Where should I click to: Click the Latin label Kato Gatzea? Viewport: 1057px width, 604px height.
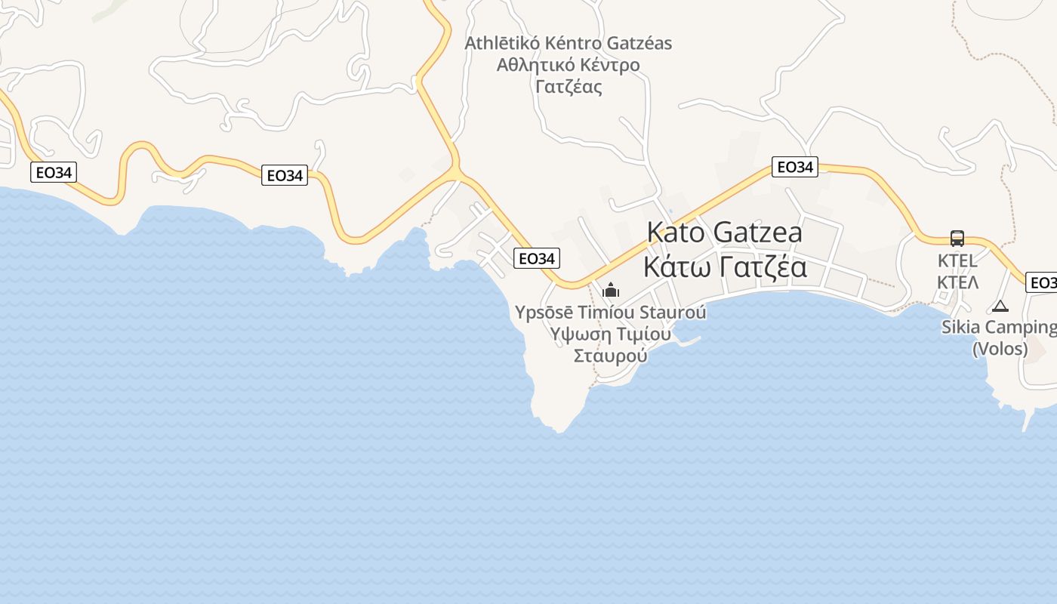(724, 233)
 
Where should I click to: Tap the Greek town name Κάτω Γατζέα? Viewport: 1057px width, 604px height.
(724, 267)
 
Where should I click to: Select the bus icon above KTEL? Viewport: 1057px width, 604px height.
(957, 239)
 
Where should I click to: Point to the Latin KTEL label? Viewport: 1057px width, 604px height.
(957, 261)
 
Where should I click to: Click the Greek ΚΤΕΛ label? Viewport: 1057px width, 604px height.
(957, 282)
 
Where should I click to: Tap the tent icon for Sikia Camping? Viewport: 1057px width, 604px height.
(1000, 306)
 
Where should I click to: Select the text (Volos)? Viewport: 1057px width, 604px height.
(1000, 349)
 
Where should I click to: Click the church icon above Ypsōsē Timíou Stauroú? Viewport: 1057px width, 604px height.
(611, 290)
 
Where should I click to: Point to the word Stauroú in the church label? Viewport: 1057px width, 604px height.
(673, 312)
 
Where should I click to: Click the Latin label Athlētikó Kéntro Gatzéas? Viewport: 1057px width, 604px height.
(568, 43)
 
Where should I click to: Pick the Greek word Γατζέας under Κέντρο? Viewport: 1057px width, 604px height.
(569, 86)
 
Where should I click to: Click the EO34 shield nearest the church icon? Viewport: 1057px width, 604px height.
(537, 258)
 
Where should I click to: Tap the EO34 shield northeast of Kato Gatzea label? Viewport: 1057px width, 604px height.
(794, 167)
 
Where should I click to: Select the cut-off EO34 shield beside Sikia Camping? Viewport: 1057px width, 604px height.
(1042, 282)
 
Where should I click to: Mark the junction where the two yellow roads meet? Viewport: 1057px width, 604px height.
(455, 174)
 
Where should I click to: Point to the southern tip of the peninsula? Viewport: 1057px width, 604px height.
(559, 430)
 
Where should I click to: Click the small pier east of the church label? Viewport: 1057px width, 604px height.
(689, 342)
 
